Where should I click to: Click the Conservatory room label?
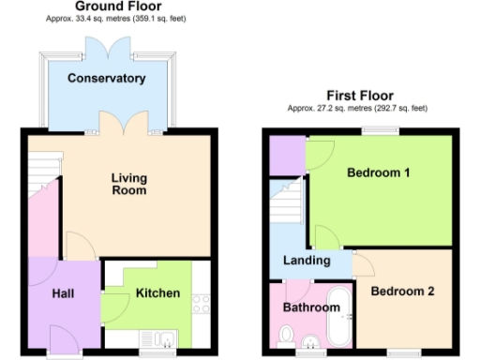point(106,78)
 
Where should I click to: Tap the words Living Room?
point(128,184)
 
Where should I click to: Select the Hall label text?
point(63,293)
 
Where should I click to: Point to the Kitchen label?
point(157,293)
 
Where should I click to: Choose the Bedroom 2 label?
point(402,292)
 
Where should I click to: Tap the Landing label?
point(307,261)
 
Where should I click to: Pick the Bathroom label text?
point(311,307)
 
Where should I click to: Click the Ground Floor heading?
point(112,6)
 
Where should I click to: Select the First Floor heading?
point(359,96)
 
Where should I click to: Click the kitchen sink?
point(152,338)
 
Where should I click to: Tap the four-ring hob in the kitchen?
point(200,304)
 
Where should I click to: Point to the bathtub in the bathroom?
point(339,319)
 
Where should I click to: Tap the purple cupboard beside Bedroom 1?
point(284,156)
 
